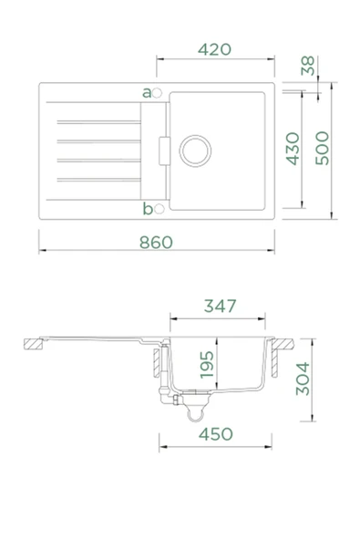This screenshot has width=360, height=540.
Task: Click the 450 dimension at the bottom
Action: tap(215, 434)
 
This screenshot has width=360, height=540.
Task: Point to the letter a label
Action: tap(146, 92)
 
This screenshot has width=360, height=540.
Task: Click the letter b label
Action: tap(146, 210)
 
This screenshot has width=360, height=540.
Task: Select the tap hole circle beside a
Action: tap(157, 92)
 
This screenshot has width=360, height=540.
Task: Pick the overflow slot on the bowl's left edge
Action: tap(163, 149)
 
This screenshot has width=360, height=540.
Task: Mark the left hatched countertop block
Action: tap(34, 345)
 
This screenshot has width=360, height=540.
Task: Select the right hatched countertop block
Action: tap(283, 345)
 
